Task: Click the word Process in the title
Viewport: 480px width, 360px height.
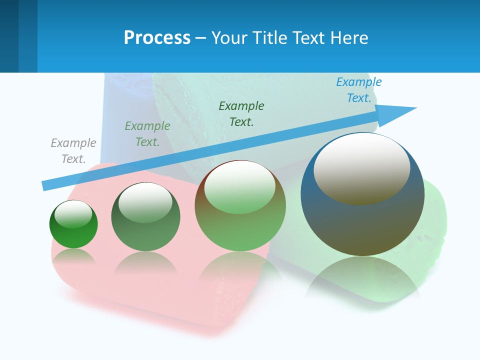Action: [x=157, y=38]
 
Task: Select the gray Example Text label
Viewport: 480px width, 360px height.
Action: [x=73, y=151]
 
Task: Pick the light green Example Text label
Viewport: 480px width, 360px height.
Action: [x=147, y=134]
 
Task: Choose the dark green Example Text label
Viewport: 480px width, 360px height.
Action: [x=241, y=113]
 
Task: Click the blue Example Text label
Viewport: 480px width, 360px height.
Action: [x=359, y=90]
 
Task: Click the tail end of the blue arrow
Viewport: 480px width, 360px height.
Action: [x=45, y=185]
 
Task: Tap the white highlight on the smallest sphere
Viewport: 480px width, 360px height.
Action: [x=73, y=213]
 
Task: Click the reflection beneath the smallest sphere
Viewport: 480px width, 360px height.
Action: [x=73, y=256]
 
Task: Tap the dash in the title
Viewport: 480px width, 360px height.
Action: [x=201, y=38]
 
